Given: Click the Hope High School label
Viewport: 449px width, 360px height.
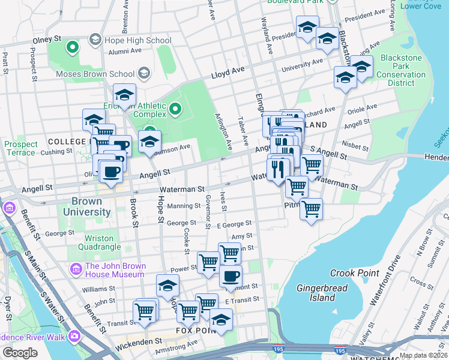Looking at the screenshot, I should coord(137,40).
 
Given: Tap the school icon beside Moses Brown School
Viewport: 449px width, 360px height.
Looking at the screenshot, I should coord(143,74).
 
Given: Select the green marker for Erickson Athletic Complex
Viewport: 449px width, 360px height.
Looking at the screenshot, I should coord(175,109).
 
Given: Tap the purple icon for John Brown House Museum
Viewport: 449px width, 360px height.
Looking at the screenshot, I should coord(76,267).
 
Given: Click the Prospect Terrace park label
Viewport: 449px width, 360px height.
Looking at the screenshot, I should coord(20,148).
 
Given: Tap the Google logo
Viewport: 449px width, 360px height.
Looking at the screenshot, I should coord(20,353).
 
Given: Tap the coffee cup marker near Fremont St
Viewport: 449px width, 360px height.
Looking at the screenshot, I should coord(231,276).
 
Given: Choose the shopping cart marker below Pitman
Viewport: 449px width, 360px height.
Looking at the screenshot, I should coord(311,210).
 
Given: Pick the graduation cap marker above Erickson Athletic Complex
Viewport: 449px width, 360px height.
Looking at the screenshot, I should coord(125,95).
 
